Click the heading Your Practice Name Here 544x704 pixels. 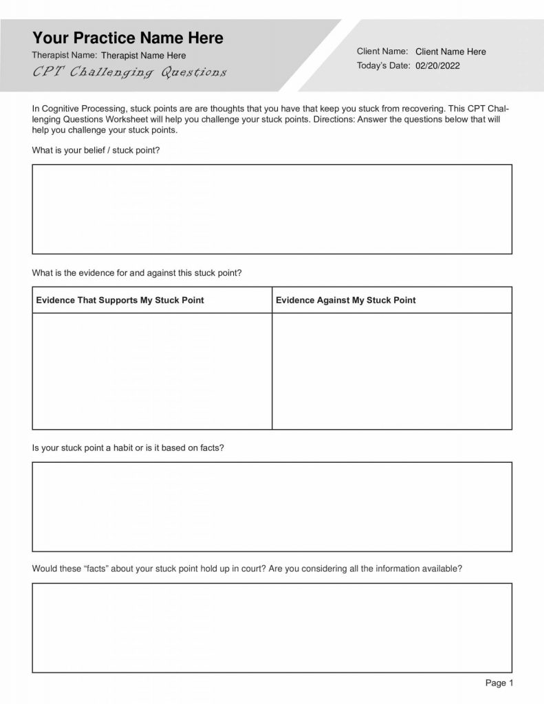(x=127, y=37)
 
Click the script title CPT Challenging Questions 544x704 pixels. (x=129, y=72)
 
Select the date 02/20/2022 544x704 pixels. (x=437, y=66)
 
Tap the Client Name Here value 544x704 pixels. (x=450, y=52)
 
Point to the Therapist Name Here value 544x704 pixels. (x=143, y=55)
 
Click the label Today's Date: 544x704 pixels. (x=383, y=66)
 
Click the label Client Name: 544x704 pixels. (x=382, y=52)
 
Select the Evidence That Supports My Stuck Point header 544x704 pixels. (x=120, y=300)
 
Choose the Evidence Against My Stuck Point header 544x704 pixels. (x=345, y=300)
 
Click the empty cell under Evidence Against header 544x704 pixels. (x=391, y=371)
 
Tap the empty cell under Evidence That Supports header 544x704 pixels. (x=152, y=371)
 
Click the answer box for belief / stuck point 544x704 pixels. (x=272, y=209)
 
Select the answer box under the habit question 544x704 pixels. (x=272, y=507)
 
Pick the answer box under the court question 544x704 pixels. (x=272, y=628)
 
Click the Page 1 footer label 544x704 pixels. (x=499, y=683)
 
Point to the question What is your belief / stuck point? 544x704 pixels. (x=96, y=150)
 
